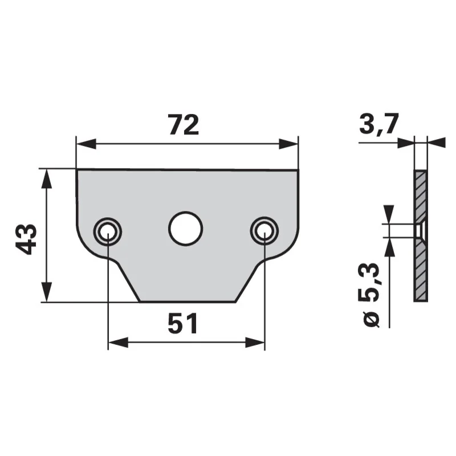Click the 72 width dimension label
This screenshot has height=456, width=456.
(x=184, y=125)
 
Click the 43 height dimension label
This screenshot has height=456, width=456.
(x=26, y=239)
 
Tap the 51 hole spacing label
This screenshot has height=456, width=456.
(x=183, y=323)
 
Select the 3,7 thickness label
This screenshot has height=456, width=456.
(x=378, y=123)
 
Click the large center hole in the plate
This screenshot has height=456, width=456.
(x=186, y=228)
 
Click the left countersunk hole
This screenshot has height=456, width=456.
(x=107, y=232)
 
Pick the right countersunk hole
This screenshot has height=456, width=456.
(x=264, y=231)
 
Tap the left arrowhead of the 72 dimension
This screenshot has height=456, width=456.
(x=86, y=144)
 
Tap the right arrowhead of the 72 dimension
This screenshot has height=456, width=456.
(x=288, y=144)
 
